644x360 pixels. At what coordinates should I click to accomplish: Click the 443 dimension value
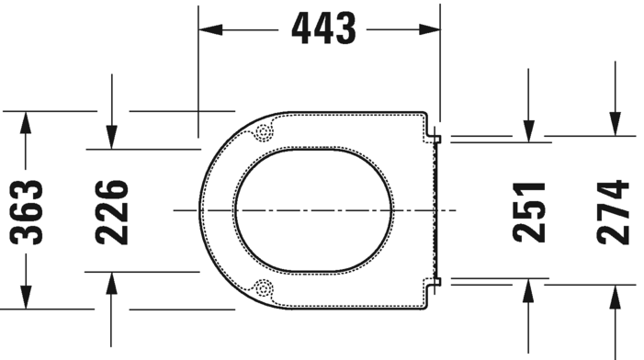[323, 28]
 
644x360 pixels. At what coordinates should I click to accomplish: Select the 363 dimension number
[27, 212]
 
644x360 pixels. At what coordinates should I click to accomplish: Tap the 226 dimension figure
[112, 212]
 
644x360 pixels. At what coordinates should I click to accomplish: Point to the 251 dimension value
[529, 212]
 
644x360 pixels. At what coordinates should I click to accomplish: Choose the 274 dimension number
[613, 212]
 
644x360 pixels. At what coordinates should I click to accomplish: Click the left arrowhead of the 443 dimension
[210, 29]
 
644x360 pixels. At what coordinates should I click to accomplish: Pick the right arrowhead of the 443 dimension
[429, 29]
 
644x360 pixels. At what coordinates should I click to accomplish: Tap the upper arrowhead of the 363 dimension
[26, 122]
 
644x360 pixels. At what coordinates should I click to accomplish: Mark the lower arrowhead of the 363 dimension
[26, 298]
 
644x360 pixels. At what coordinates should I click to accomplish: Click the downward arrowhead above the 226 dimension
[111, 137]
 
